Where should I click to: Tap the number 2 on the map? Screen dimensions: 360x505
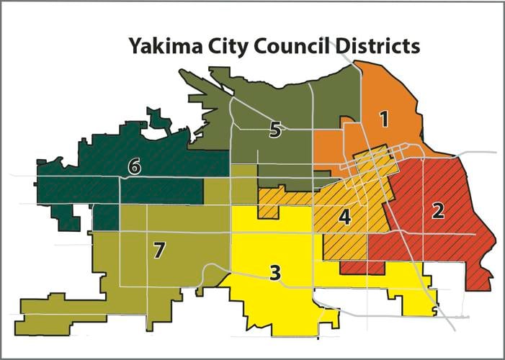pyautogui.click(x=437, y=210)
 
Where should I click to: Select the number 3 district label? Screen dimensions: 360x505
pyautogui.click(x=274, y=272)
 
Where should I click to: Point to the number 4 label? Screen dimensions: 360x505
pyautogui.click(x=345, y=216)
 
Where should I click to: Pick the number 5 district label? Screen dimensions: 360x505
pyautogui.click(x=274, y=130)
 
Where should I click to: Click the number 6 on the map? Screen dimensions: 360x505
pyautogui.click(x=133, y=167)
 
